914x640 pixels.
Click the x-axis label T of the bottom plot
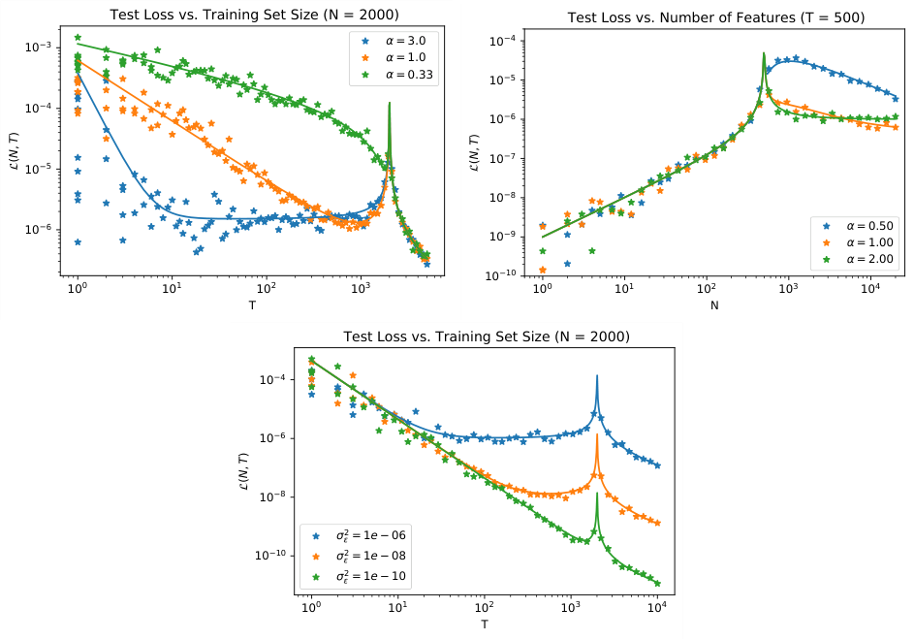point(484,624)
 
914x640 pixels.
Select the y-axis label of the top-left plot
point(14,153)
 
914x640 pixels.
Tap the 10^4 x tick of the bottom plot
point(657,607)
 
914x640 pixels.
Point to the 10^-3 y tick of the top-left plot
point(37,48)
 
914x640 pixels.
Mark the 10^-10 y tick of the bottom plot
point(267,556)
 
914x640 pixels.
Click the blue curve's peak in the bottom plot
point(597,375)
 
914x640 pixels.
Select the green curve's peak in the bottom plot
point(597,494)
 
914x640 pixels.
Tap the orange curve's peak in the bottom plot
point(597,434)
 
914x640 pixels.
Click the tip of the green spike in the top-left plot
point(389,103)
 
